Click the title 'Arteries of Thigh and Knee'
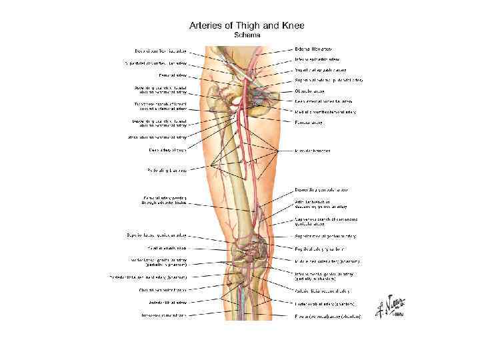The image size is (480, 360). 247,25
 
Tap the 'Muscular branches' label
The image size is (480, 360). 313,151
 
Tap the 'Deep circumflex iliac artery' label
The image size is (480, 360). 160,51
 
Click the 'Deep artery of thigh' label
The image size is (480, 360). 168,150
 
